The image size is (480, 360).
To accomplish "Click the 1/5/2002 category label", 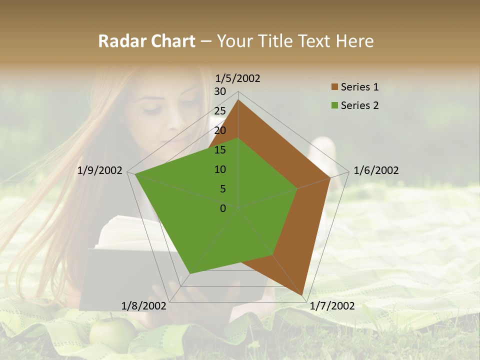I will click(238, 78).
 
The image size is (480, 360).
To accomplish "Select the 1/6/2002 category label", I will click(376, 170).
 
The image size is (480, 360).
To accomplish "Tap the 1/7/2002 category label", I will click(332, 306).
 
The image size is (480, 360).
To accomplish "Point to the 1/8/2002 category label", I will click(144, 306).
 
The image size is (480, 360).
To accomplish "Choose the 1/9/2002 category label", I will click(100, 170).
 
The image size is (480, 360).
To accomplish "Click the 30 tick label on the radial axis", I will click(220, 91).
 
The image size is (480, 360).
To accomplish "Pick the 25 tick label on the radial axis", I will click(220, 111).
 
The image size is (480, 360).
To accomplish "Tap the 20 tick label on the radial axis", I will click(220, 130).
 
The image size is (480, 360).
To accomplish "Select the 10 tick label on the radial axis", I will click(220, 169).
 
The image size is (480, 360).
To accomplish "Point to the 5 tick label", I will click(222, 189).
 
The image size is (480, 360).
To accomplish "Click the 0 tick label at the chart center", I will click(223, 208).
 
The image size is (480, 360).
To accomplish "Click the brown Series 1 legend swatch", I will click(334, 87).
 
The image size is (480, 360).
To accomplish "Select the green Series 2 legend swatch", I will click(334, 105).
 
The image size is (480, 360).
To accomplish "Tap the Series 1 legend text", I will click(359, 87).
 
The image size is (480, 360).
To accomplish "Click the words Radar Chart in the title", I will click(146, 41).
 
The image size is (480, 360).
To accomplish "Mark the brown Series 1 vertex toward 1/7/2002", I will click(302, 294).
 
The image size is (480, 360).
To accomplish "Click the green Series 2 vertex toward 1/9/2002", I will click(135, 174).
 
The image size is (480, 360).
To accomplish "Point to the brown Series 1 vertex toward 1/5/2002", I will click(238, 100).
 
